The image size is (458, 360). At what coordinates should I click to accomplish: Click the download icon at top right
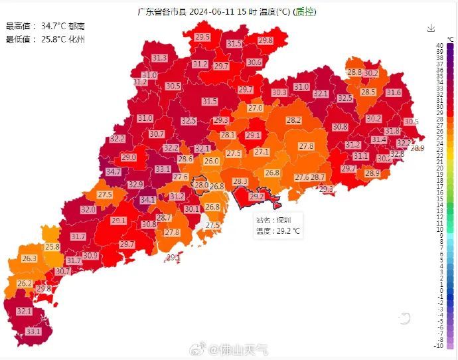click(431, 28)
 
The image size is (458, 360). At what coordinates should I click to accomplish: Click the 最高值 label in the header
click(19, 26)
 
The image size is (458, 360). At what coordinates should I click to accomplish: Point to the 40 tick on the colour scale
click(440, 45)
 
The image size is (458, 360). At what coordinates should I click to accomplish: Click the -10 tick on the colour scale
click(439, 346)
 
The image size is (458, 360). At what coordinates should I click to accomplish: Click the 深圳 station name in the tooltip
click(283, 219)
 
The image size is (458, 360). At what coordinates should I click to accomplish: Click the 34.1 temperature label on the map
click(147, 199)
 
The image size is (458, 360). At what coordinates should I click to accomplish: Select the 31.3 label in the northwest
click(159, 58)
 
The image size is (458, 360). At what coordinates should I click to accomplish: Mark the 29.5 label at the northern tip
click(202, 37)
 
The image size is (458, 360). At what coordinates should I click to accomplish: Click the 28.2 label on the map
click(293, 120)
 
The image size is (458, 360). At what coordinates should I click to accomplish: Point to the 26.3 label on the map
click(29, 258)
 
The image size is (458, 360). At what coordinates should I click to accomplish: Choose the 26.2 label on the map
click(25, 284)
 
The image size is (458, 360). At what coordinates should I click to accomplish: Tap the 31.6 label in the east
click(393, 92)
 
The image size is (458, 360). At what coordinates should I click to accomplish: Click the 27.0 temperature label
click(255, 108)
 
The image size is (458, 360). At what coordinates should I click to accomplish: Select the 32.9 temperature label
click(135, 184)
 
